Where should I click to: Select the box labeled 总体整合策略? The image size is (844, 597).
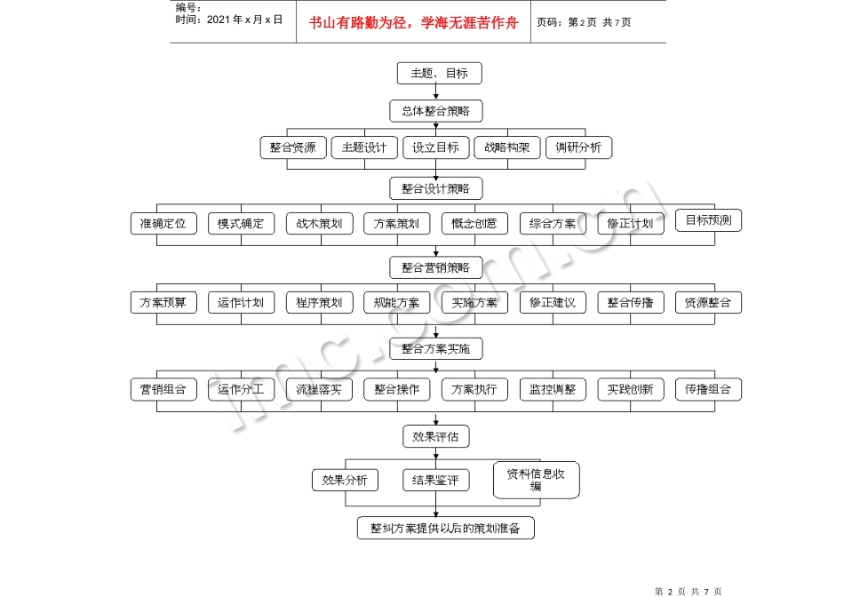(x=435, y=111)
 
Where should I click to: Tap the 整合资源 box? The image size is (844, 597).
(x=293, y=147)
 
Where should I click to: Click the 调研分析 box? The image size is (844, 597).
(x=578, y=147)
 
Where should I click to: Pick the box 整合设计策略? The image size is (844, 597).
(x=435, y=188)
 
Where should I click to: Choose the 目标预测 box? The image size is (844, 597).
(x=708, y=220)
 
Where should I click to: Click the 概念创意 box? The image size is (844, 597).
(x=474, y=223)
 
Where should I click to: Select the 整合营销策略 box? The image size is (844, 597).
(x=435, y=267)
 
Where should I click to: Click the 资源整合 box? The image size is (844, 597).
(x=708, y=303)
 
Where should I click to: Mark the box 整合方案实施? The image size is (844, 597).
(x=435, y=348)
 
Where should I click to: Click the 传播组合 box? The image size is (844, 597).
(x=708, y=389)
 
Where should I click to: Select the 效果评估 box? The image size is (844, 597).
(x=435, y=436)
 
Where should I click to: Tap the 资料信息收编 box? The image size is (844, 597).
(x=536, y=480)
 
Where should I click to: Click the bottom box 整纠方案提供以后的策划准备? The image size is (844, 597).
(x=445, y=528)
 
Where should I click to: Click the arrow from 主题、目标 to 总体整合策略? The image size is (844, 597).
(x=435, y=92)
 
